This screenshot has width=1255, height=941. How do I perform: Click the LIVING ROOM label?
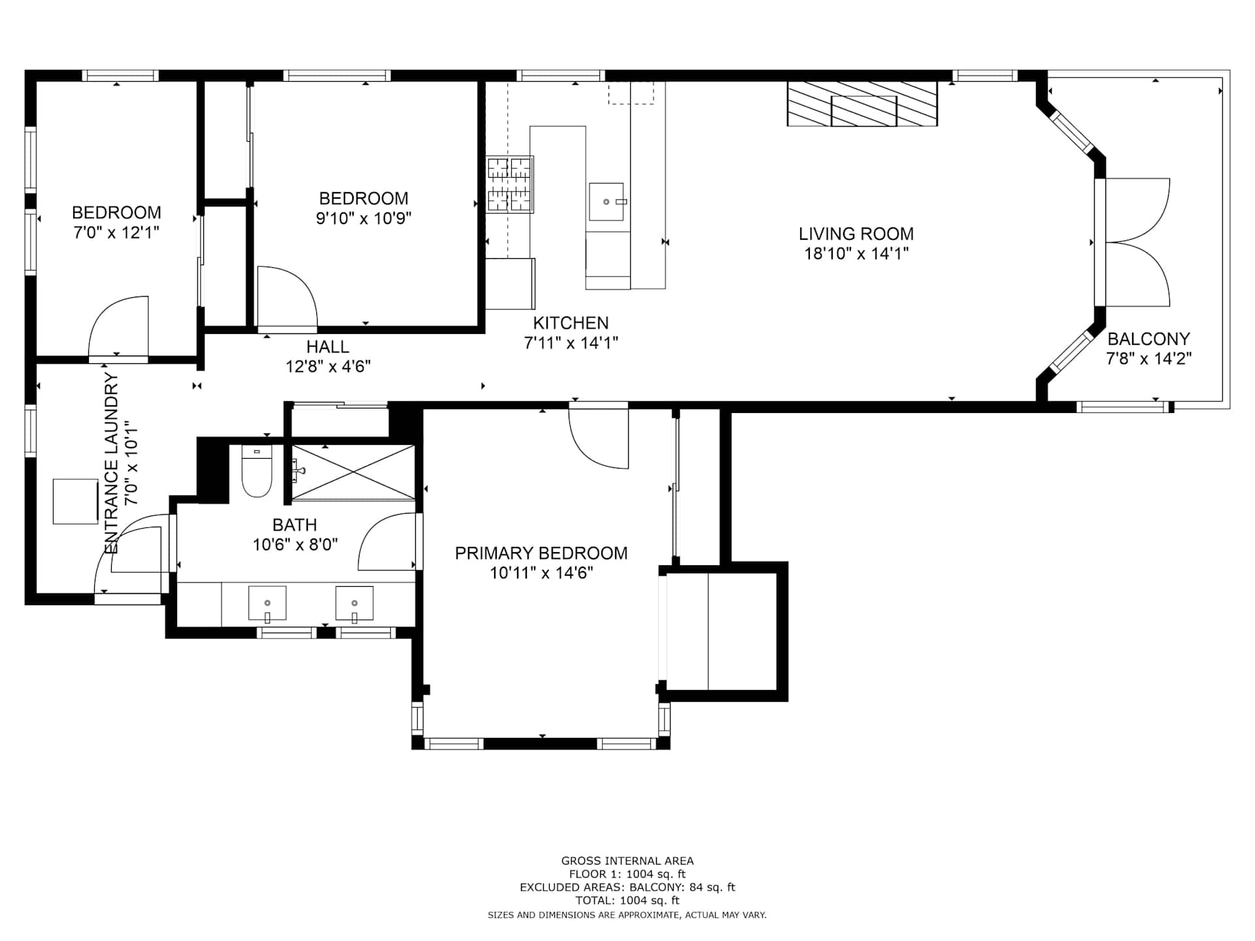[856, 234]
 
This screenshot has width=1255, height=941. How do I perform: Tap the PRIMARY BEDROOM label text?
[541, 553]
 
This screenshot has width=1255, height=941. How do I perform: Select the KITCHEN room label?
[571, 323]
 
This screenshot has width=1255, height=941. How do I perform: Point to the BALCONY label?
[1148, 339]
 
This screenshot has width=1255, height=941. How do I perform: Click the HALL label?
[327, 347]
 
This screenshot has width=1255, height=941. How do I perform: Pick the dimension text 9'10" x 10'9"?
[363, 218]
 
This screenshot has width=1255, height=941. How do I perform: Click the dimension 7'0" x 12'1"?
[116, 233]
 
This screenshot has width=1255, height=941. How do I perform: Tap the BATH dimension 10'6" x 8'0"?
[295, 544]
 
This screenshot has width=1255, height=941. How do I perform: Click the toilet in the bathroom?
[257, 470]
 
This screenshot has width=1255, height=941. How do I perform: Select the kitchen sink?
[606, 202]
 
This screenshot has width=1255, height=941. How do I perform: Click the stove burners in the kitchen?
[510, 184]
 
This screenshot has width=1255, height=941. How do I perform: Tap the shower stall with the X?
[353, 472]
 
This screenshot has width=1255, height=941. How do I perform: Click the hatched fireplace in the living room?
[862, 104]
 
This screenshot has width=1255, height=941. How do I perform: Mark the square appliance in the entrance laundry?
[75, 501]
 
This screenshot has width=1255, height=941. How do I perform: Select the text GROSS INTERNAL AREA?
[627, 861]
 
